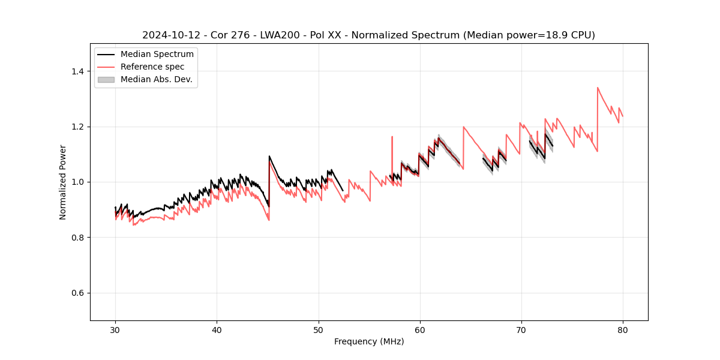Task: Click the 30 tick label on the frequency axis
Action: click(x=115, y=329)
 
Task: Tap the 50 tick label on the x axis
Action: click(x=319, y=329)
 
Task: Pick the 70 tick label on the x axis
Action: click(x=521, y=329)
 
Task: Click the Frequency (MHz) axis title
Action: click(x=369, y=341)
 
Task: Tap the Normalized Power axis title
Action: click(x=63, y=182)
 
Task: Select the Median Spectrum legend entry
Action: click(x=157, y=55)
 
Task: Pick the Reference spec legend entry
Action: click(x=152, y=67)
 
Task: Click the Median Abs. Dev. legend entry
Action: click(x=157, y=79)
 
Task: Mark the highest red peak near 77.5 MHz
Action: click(x=598, y=88)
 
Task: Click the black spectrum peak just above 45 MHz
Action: click(x=269, y=157)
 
